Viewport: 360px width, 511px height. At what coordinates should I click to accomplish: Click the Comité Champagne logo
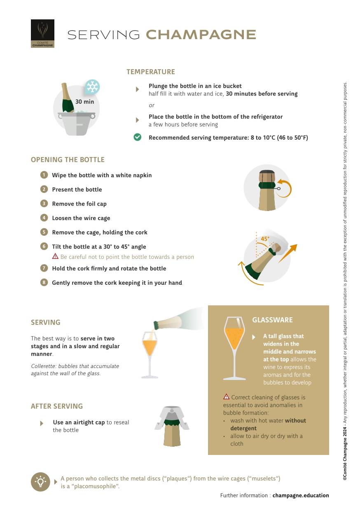click(x=42, y=33)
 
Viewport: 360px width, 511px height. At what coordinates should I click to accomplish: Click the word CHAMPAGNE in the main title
click(x=201, y=35)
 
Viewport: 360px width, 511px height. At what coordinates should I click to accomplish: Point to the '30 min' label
click(x=84, y=102)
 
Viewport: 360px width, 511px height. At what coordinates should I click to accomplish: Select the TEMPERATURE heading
click(x=150, y=72)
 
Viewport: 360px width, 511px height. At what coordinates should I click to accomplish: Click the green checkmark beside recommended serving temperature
click(x=138, y=137)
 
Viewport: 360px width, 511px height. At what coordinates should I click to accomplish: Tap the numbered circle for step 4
click(x=44, y=218)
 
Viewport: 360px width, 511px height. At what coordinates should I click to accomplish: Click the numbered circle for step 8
click(x=44, y=282)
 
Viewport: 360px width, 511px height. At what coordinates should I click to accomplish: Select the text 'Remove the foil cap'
click(x=79, y=204)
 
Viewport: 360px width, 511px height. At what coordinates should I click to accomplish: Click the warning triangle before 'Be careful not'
click(x=55, y=256)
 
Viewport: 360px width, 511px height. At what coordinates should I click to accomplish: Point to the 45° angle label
click(x=265, y=239)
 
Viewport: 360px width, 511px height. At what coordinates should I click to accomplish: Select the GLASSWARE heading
click(x=272, y=320)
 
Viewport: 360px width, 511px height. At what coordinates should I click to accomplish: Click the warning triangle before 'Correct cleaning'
click(x=226, y=397)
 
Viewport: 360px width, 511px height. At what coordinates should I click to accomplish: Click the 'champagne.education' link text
click(x=300, y=495)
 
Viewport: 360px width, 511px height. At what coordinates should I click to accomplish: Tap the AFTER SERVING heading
click(x=57, y=406)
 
